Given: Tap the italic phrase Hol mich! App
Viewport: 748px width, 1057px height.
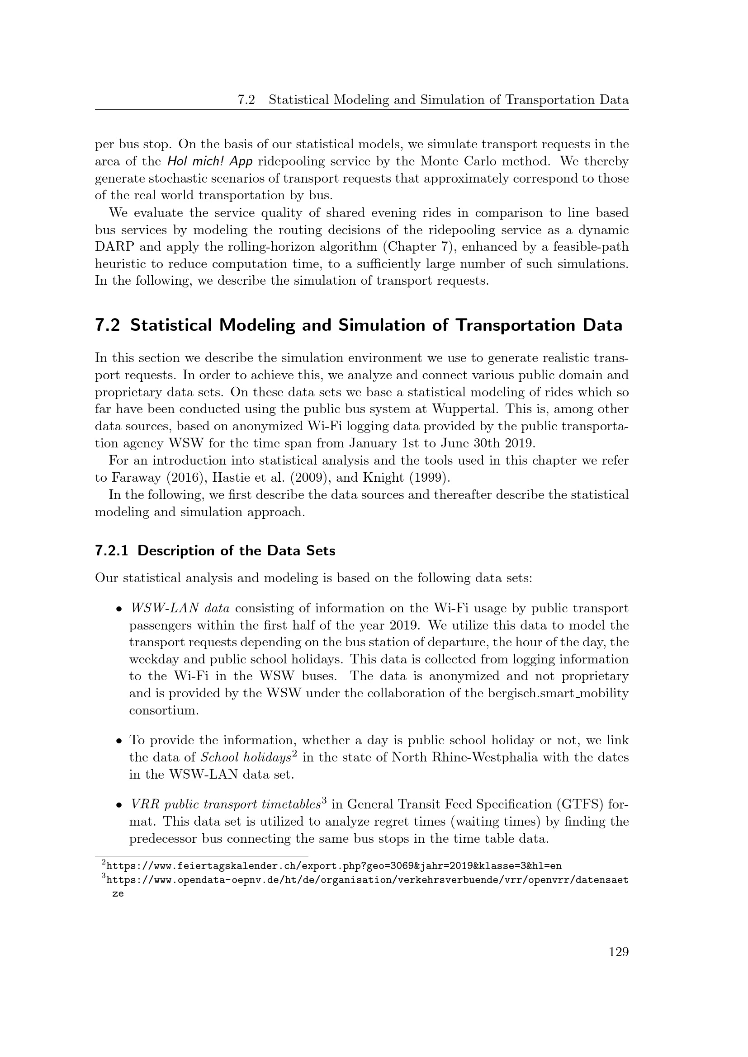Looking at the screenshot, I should tap(210, 162).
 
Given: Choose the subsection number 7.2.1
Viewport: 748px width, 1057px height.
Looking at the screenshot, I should tap(111, 550).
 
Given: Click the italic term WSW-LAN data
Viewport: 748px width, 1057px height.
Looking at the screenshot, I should tap(180, 608).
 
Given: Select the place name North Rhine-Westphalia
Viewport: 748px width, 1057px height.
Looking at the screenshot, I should tap(464, 757).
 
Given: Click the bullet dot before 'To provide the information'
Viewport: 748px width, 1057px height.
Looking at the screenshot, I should tap(119, 741).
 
